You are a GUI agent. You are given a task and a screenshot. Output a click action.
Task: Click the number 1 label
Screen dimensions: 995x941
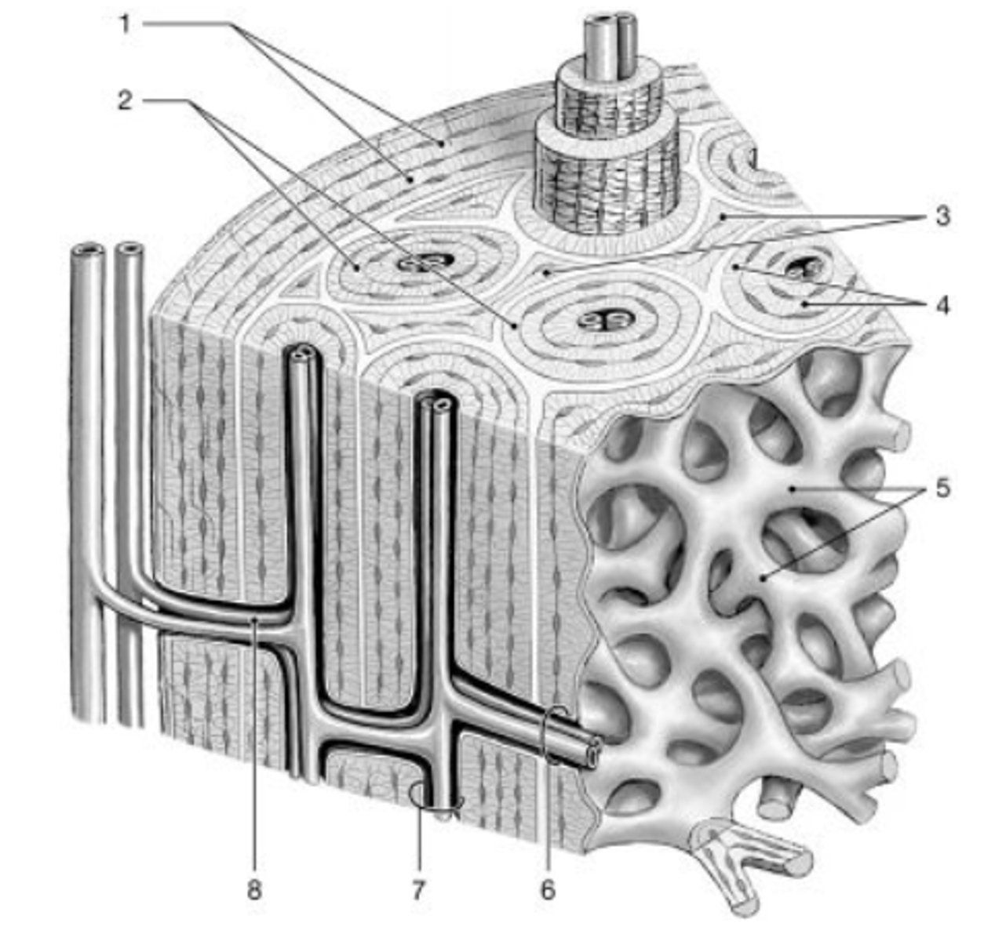tap(125, 24)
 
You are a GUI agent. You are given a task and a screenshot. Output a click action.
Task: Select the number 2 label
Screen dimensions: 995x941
tap(125, 100)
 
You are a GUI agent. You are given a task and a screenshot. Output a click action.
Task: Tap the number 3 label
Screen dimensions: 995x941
tap(942, 216)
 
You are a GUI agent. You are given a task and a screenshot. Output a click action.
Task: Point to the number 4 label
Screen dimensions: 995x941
tap(942, 305)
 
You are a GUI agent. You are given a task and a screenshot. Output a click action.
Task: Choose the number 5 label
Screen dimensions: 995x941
tap(942, 489)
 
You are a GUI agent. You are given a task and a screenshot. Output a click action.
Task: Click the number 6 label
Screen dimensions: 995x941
tap(548, 890)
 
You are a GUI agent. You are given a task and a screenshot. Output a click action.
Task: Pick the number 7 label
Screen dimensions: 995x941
tap(417, 890)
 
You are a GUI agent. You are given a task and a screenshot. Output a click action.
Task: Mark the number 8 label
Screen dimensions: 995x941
tap(254, 890)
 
